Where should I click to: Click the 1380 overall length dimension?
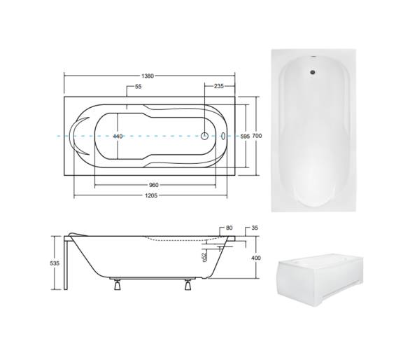[x=148, y=76]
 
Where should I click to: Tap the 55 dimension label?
[x=138, y=86]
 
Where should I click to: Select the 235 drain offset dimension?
[x=218, y=86]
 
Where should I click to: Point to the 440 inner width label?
[x=118, y=136]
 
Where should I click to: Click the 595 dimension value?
[x=246, y=136]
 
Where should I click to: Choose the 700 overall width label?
[x=257, y=136]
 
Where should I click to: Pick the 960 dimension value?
[x=153, y=185]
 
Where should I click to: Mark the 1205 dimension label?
[x=151, y=195]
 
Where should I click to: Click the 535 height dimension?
[x=55, y=263]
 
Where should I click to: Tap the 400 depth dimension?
[x=256, y=258]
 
